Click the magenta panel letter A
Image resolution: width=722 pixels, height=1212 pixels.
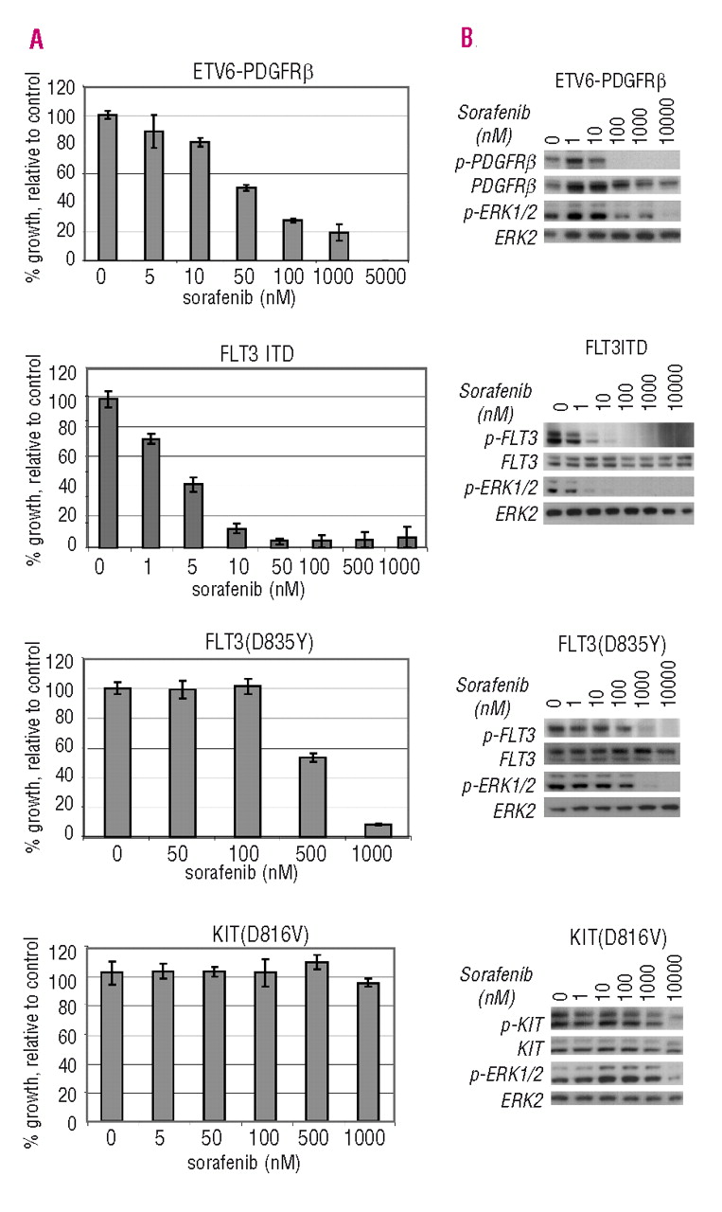(37, 40)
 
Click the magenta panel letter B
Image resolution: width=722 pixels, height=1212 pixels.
(466, 40)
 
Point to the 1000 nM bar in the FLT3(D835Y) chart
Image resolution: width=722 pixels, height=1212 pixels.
(378, 830)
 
